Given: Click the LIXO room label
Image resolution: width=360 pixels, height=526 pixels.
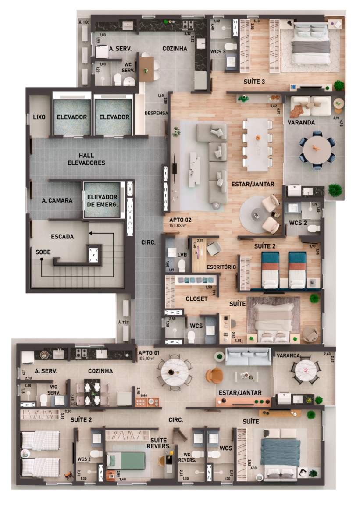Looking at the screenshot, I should click(40, 117).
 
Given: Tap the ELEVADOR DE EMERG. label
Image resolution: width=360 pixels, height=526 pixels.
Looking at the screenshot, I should click(102, 200).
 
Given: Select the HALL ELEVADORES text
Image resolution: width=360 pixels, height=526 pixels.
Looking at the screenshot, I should click(86, 159).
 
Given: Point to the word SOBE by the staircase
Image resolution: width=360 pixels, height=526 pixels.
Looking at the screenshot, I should click(43, 252).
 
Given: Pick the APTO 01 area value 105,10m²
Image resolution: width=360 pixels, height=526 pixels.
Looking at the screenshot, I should click(148, 358).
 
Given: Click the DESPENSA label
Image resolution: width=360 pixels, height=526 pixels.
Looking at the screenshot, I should click(157, 113).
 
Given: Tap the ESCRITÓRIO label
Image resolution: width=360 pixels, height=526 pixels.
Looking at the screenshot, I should click(221, 267).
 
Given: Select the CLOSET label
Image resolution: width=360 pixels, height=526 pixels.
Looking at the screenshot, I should click(196, 299).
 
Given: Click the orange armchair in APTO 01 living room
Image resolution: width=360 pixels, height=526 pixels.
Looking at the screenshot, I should click(215, 375).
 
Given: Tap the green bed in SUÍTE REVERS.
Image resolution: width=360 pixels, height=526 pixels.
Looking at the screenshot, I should click(126, 460).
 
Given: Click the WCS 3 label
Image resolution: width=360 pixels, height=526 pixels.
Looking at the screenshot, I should click(217, 52).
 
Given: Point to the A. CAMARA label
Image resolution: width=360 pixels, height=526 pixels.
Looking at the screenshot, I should click(57, 200).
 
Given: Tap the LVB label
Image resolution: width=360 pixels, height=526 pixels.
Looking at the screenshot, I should click(182, 254).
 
